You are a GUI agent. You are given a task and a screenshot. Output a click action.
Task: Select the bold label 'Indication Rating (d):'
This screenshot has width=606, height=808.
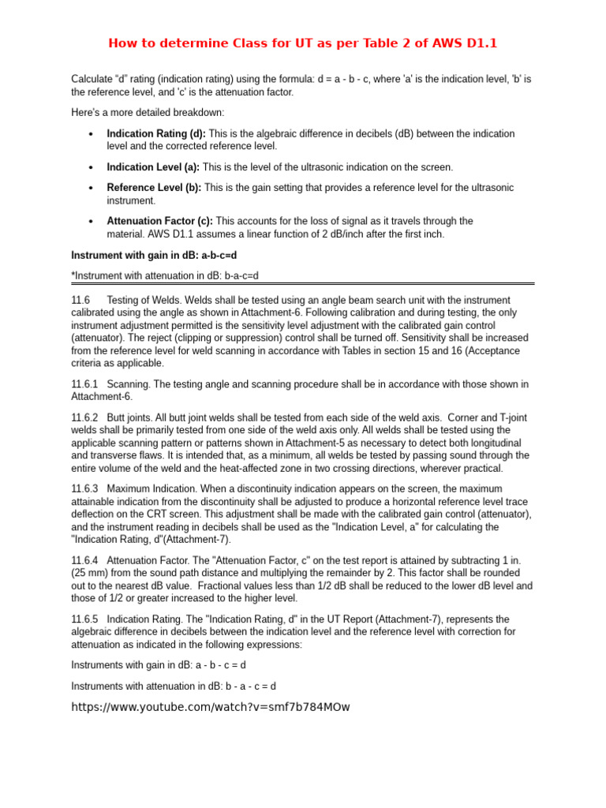click(156, 134)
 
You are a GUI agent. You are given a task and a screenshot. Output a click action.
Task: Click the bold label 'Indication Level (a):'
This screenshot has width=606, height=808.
click(153, 167)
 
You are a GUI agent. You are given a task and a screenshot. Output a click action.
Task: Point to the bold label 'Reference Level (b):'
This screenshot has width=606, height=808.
click(154, 188)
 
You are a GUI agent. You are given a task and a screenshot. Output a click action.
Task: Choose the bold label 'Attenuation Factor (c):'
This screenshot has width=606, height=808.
click(160, 221)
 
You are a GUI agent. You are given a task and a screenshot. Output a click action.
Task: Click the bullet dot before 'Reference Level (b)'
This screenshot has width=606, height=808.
click(92, 189)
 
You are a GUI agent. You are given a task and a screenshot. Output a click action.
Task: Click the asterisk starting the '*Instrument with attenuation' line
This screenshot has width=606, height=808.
click(73, 275)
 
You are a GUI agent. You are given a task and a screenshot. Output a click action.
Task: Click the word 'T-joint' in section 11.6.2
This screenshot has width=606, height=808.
click(509, 417)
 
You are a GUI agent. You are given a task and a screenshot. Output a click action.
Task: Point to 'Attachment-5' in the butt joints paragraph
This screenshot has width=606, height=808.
click(312, 443)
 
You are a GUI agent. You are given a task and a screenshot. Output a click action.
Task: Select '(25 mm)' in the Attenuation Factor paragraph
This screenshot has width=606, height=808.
click(89, 572)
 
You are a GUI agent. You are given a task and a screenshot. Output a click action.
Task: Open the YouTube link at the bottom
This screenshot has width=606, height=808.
click(210, 707)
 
